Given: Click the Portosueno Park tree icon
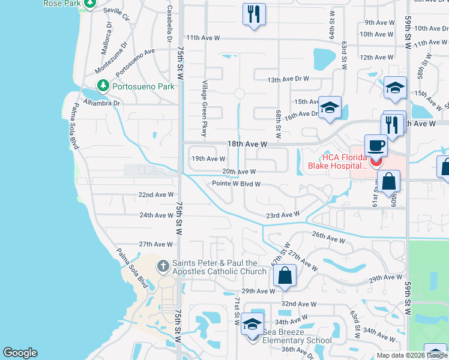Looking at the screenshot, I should point(103,86).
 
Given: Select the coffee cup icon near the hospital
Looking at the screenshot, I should point(376,146).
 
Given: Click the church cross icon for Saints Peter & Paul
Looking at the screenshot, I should point(163,266).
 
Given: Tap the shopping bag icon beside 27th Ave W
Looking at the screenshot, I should point(285,276).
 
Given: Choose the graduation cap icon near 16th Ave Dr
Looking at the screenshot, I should point(330,108).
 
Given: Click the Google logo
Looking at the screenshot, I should point(20,353).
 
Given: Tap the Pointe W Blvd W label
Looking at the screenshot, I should point(236,184).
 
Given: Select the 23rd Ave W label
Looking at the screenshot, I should point(283,215).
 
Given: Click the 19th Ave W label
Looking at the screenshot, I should point(208,159).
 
